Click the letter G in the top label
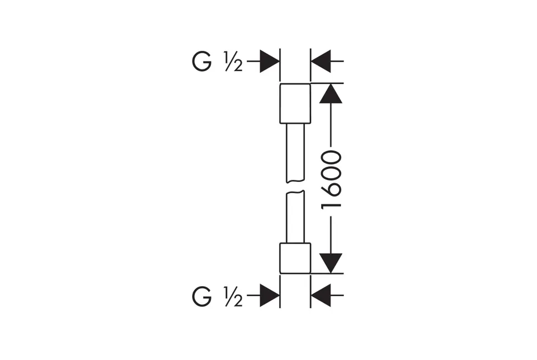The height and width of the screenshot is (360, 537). pyautogui.click(x=202, y=62)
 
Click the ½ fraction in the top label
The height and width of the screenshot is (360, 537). pyautogui.click(x=234, y=62)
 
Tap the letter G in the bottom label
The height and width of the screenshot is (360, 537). pyautogui.click(x=202, y=297)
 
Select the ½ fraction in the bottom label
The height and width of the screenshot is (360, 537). pyautogui.click(x=234, y=297)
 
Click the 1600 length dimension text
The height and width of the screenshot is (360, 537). pyautogui.click(x=331, y=180)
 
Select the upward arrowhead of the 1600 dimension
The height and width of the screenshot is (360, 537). pyautogui.click(x=331, y=93)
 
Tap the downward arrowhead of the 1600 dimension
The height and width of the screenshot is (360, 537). pyautogui.click(x=331, y=263)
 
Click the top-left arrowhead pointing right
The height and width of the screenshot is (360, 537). pyautogui.click(x=270, y=62)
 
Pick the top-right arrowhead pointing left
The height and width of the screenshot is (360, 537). pyautogui.click(x=321, y=62)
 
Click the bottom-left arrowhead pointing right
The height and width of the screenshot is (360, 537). pyautogui.click(x=270, y=295)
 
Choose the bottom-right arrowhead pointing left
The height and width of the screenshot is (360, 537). pyautogui.click(x=321, y=295)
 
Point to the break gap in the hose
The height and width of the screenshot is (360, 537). pyautogui.click(x=295, y=186)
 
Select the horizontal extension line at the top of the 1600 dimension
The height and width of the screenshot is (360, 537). pyautogui.click(x=327, y=83)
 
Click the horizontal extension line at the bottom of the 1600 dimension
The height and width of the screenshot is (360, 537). pyautogui.click(x=327, y=274)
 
